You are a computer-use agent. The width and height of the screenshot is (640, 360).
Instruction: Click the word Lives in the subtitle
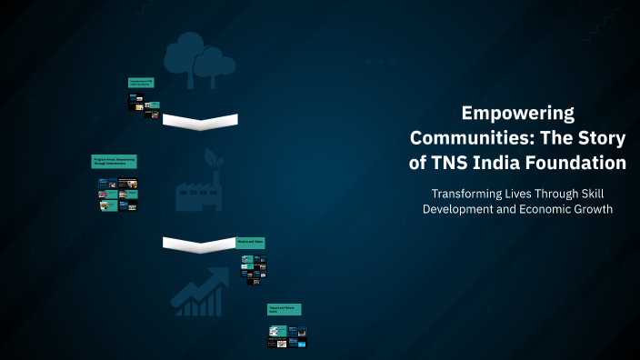click(527, 194)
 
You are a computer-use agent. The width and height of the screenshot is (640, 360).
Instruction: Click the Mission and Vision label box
click(250, 243)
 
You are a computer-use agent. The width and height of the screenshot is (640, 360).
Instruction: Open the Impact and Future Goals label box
click(284, 310)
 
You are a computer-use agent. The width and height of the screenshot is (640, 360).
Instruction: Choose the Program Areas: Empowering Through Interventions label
click(114, 161)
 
